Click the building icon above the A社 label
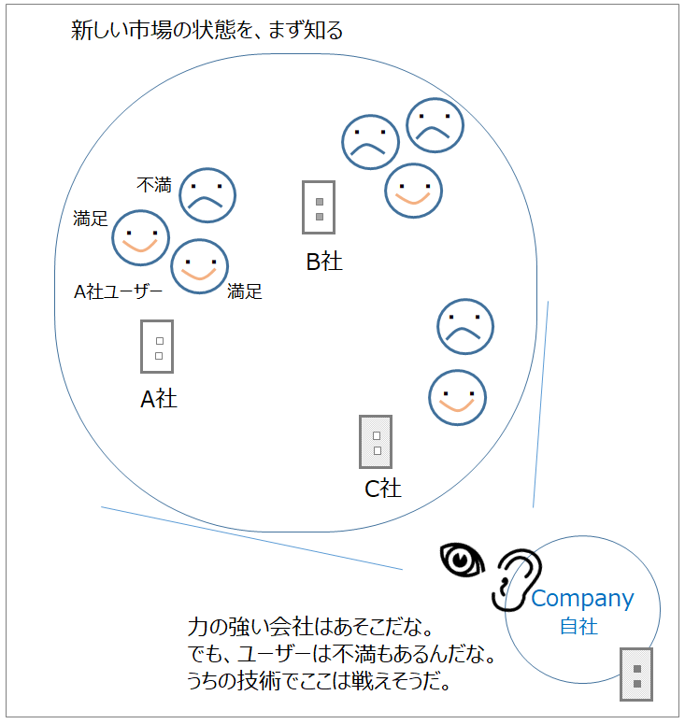[x=157, y=347]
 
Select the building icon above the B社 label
[x=319, y=207]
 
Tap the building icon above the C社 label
[x=376, y=442]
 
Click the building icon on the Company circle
[x=636, y=674]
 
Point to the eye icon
[x=463, y=560]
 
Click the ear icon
[x=517, y=580]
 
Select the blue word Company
[x=582, y=599]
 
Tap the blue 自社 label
[x=578, y=627]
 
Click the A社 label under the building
[x=159, y=399]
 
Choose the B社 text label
[x=324, y=262]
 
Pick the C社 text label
[x=383, y=489]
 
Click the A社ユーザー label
[x=119, y=291]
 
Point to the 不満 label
[x=154, y=185]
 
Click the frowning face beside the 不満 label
[x=207, y=195]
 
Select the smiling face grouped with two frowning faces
[x=413, y=191]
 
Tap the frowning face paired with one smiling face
[x=465, y=326]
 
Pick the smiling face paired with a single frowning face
[x=457, y=398]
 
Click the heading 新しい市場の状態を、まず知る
[x=207, y=31]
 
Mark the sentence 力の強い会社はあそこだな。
[x=310, y=627]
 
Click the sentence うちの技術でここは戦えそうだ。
[x=319, y=681]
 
